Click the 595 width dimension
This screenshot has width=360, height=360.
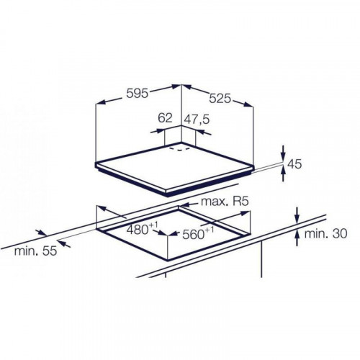tap(138, 94)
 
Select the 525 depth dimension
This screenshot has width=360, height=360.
tap(220, 99)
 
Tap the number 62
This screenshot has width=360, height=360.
tap(165, 118)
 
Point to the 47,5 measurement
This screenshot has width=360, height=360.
tap(197, 120)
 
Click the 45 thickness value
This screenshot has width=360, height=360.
tap(294, 164)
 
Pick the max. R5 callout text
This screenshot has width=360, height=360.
tap(224, 202)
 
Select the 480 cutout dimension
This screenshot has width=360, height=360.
tap(142, 229)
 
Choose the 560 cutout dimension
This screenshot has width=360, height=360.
tap(198, 233)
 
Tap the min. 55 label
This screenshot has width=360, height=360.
tap(35, 251)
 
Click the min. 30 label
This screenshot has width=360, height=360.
tap(325, 233)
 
